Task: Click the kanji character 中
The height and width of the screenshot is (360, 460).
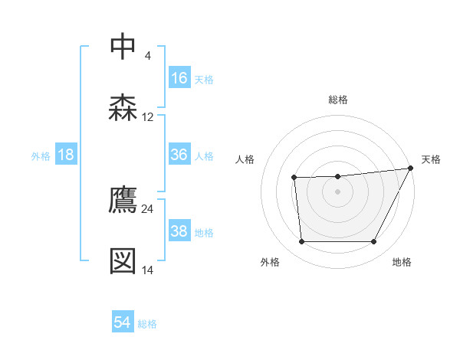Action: [123, 47]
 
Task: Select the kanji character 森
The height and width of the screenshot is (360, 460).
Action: [123, 107]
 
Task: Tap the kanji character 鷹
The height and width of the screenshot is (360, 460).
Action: [123, 199]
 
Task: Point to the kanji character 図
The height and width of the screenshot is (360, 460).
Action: [123, 260]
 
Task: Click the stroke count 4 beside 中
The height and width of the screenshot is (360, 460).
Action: [147, 56]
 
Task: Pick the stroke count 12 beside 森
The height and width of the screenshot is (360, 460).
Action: [148, 117]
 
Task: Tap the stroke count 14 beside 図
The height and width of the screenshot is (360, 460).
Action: [148, 270]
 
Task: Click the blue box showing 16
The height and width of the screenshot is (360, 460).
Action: [179, 77]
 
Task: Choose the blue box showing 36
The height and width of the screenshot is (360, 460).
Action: [179, 155]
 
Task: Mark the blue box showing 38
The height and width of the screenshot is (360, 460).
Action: [179, 231]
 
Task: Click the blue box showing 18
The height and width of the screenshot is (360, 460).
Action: [66, 155]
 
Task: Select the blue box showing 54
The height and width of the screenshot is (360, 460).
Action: [123, 322]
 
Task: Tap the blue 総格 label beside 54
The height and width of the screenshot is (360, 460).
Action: [147, 324]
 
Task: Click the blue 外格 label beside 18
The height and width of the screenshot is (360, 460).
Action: [41, 156]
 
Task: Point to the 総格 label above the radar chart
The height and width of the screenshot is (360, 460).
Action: [338, 100]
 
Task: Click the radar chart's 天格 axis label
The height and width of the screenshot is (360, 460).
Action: [431, 159]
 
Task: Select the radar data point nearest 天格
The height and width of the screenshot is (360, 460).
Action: [411, 169]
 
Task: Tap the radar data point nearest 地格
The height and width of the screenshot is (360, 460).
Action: [374, 242]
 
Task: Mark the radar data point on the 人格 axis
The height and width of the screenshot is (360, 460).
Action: [294, 178]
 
